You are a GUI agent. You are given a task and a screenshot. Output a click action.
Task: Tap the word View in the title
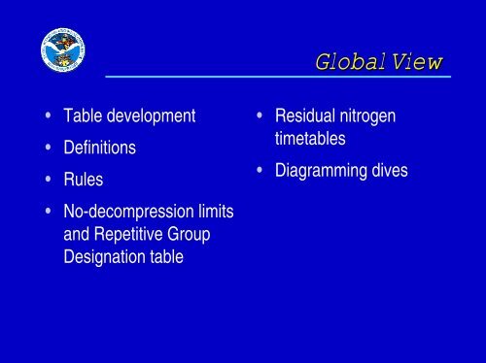coord(416,63)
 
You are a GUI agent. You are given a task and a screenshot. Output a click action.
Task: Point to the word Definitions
coord(99,148)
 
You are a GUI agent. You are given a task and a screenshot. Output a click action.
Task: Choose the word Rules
coord(83,181)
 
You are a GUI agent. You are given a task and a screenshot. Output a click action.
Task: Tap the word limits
coord(218,213)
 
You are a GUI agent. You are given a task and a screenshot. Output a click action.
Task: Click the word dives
coord(387,170)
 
